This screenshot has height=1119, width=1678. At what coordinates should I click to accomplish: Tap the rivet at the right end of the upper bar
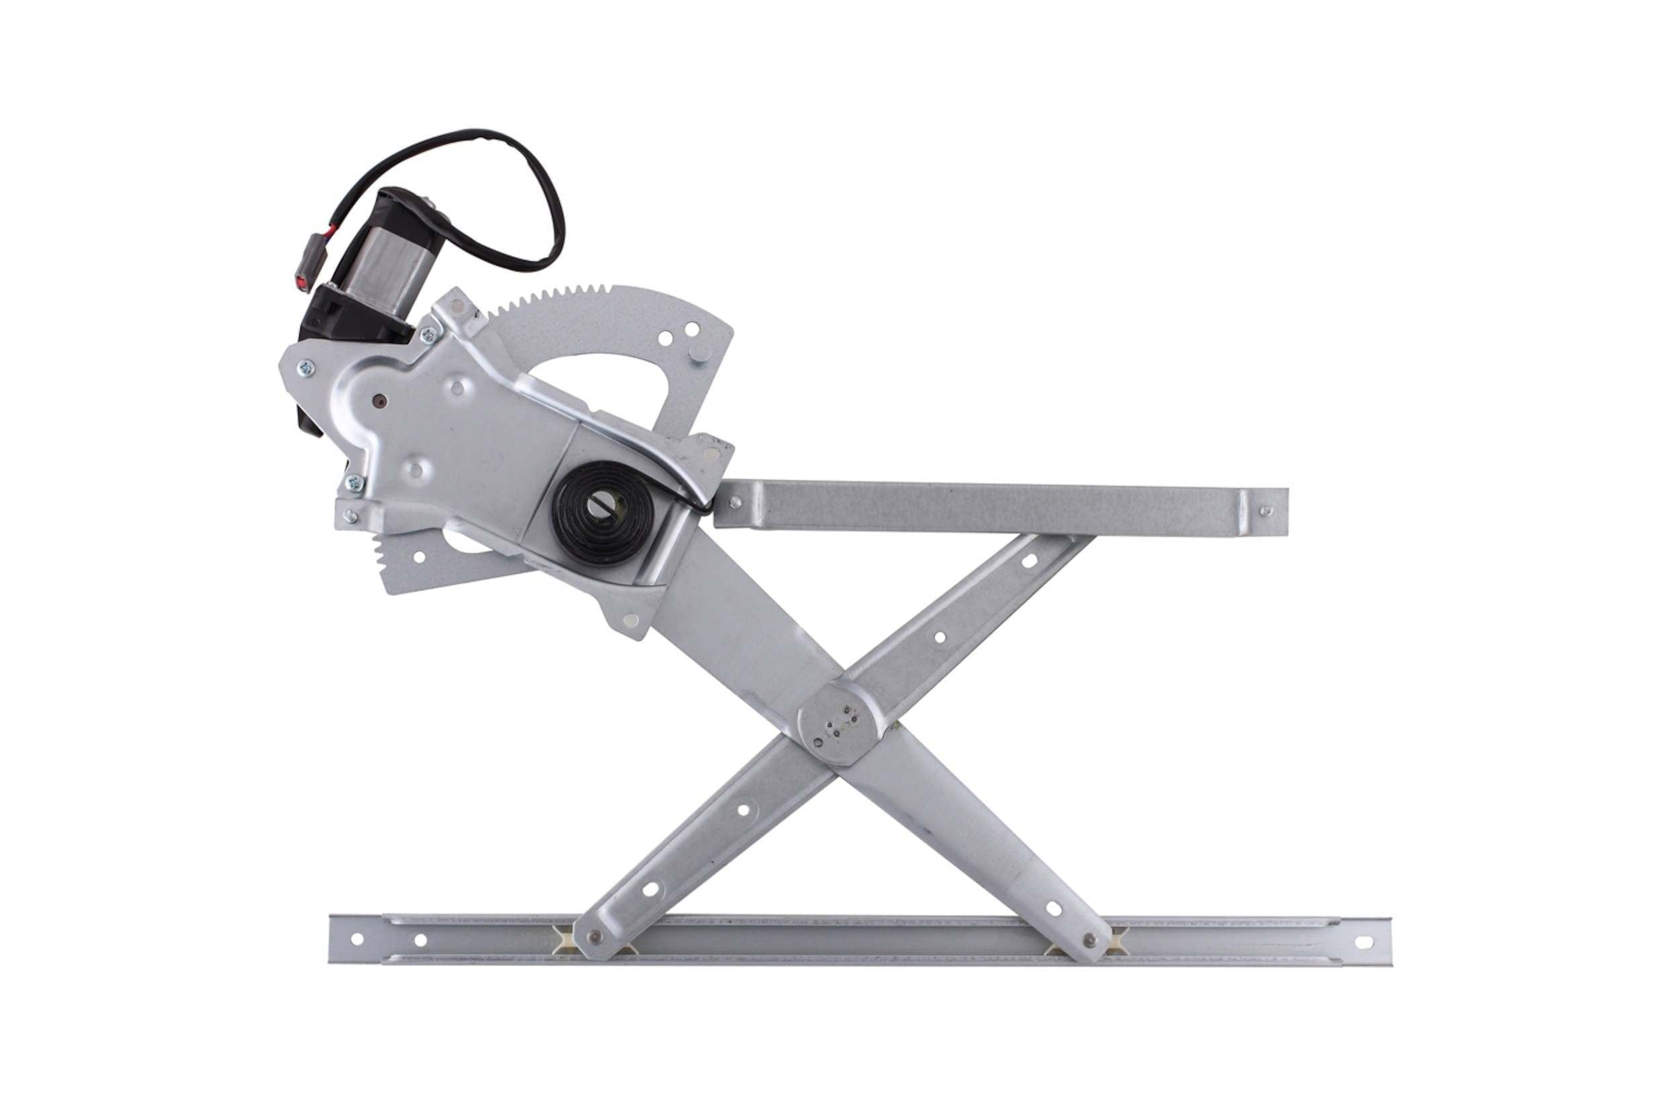(x=1265, y=510)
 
